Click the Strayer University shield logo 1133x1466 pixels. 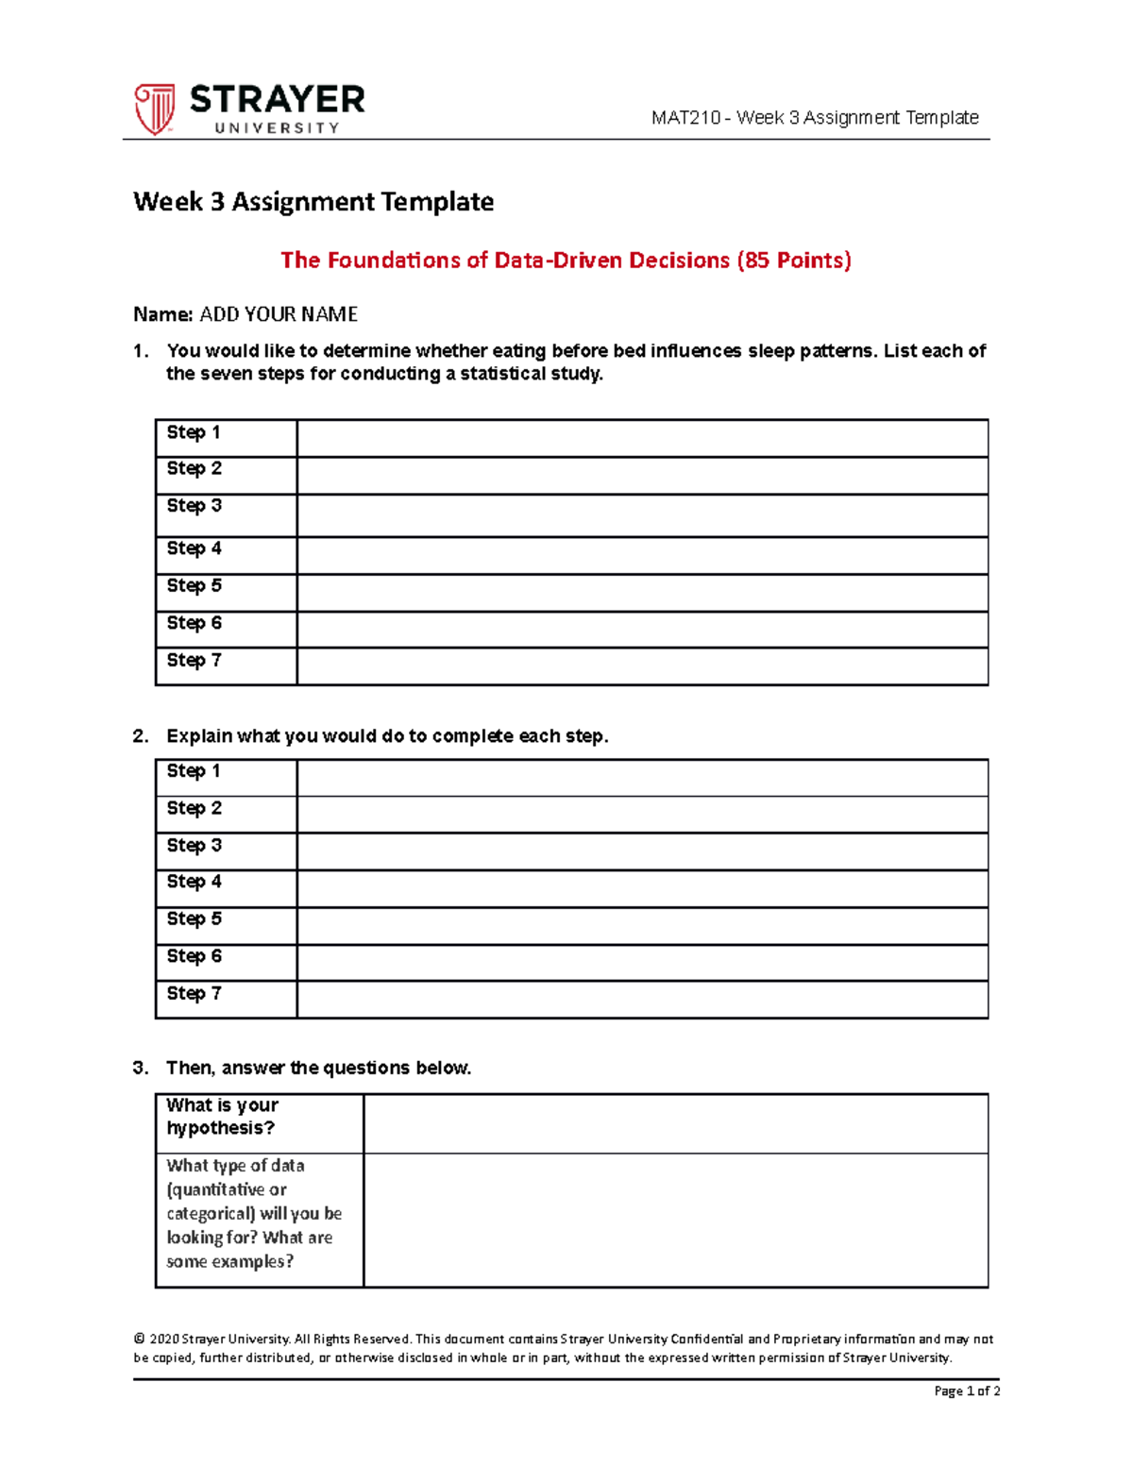(154, 109)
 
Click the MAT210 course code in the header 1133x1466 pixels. (685, 118)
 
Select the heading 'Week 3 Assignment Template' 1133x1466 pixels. (313, 202)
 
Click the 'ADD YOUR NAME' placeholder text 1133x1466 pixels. (279, 314)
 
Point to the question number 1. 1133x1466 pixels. (140, 351)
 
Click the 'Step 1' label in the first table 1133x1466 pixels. (194, 432)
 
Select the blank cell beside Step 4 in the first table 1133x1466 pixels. (642, 555)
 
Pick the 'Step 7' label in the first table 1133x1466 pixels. (194, 660)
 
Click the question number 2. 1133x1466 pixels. (140, 736)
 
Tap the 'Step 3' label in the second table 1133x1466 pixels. (194, 845)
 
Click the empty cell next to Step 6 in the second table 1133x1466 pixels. (642, 963)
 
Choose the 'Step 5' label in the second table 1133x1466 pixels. (194, 918)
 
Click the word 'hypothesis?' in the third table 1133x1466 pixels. (220, 1128)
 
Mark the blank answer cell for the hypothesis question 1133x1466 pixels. (675, 1123)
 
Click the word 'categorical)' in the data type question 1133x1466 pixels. (211, 1214)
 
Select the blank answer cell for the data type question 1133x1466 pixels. (675, 1220)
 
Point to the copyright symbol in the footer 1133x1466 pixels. (140, 1339)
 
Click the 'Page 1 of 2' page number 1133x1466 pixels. (967, 1390)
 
